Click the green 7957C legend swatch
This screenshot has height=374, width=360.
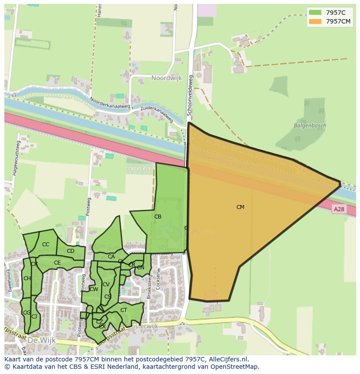click(x=315, y=13)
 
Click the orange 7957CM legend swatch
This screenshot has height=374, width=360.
click(x=315, y=21)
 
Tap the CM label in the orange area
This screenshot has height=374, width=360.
click(x=240, y=207)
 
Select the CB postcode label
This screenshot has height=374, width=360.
click(x=158, y=217)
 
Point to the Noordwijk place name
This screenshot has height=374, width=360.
click(x=167, y=78)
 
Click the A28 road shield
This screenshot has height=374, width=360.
click(x=339, y=209)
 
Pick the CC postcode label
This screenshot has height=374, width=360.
click(x=46, y=245)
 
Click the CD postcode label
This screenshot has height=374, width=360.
click(x=70, y=251)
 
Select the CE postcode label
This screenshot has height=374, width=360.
click(x=57, y=263)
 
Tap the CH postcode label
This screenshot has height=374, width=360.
click(x=27, y=278)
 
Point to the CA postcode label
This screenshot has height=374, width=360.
click(x=111, y=257)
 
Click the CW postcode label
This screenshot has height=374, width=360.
click(x=94, y=289)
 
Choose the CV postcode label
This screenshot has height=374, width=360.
click(x=106, y=285)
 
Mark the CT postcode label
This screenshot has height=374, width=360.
click(x=123, y=310)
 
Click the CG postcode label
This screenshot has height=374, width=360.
click(x=27, y=313)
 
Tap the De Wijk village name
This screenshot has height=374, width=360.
click(x=41, y=341)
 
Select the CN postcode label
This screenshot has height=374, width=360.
click(x=140, y=268)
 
